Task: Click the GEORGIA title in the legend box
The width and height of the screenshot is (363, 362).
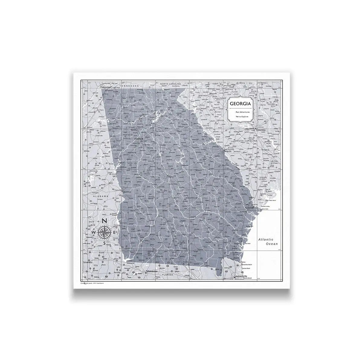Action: (240, 103)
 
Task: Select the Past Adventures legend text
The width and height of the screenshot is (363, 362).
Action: (241, 112)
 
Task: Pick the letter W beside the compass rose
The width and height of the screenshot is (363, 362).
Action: (94, 233)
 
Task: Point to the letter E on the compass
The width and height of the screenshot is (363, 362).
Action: (114, 232)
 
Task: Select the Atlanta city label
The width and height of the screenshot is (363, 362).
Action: (138, 139)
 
